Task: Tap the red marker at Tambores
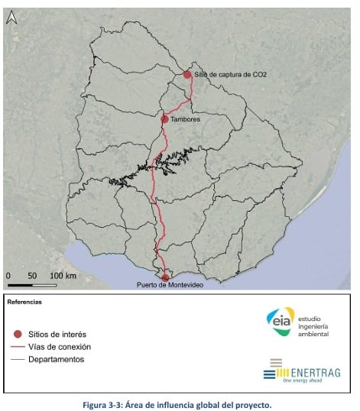tap(165, 119)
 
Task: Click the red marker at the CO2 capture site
tap(187, 74)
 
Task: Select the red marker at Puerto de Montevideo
tap(165, 277)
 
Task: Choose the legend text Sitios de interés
tap(57, 335)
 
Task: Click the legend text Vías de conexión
tap(60, 347)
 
